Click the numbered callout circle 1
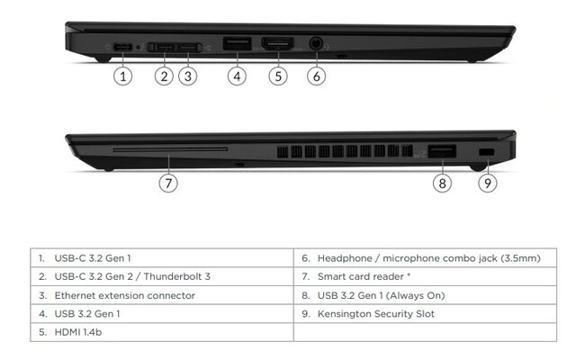pyautogui.click(x=123, y=76)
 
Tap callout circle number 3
pyautogui.click(x=187, y=76)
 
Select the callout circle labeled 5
pyautogui.click(x=278, y=76)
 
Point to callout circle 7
pyautogui.click(x=168, y=183)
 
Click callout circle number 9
pyautogui.click(x=487, y=183)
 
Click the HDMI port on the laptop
pyautogui.click(x=278, y=43)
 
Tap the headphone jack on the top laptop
pyautogui.click(x=316, y=42)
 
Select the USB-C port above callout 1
pyautogui.click(x=121, y=44)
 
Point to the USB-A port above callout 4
pyautogui.click(x=236, y=43)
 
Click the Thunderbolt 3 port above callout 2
pyautogui.click(x=164, y=44)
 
